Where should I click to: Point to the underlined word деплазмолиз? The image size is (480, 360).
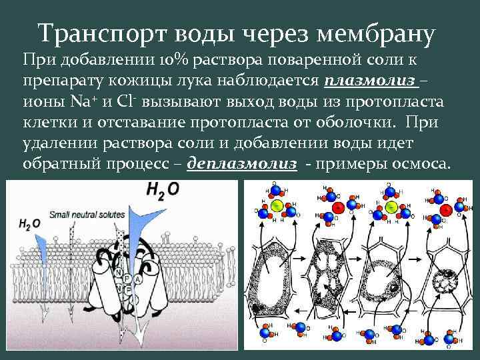click(242, 163)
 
